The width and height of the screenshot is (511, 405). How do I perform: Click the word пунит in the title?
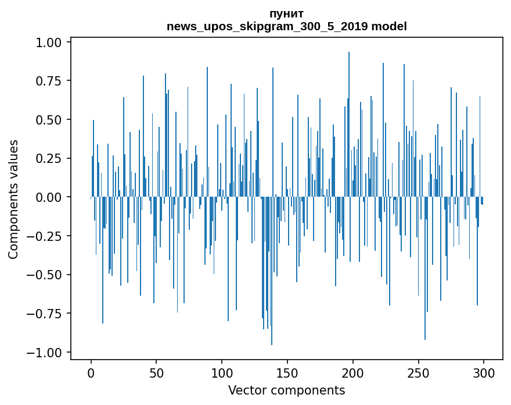click(x=287, y=14)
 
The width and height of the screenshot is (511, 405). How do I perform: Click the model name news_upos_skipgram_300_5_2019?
click(x=267, y=26)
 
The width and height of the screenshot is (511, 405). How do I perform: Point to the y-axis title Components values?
click(x=13, y=200)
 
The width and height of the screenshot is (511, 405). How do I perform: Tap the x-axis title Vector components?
click(x=286, y=390)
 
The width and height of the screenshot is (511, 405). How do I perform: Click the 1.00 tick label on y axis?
click(x=49, y=42)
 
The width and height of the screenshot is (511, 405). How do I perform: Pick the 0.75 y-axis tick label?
click(x=49, y=81)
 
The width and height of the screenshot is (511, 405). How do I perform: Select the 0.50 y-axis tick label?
click(x=49, y=120)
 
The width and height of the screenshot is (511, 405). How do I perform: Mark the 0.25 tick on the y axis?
click(x=49, y=158)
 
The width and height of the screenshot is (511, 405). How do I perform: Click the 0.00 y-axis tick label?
click(x=49, y=197)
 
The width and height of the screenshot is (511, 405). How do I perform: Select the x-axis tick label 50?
click(x=156, y=373)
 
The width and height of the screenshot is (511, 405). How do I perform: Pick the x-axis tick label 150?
click(x=287, y=373)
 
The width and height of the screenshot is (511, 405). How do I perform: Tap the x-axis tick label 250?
click(x=418, y=373)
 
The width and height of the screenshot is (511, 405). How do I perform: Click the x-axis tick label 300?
click(x=484, y=373)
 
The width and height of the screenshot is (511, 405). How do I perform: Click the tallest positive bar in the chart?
click(x=349, y=124)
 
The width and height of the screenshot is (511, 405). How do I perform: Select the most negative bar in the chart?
click(x=272, y=271)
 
